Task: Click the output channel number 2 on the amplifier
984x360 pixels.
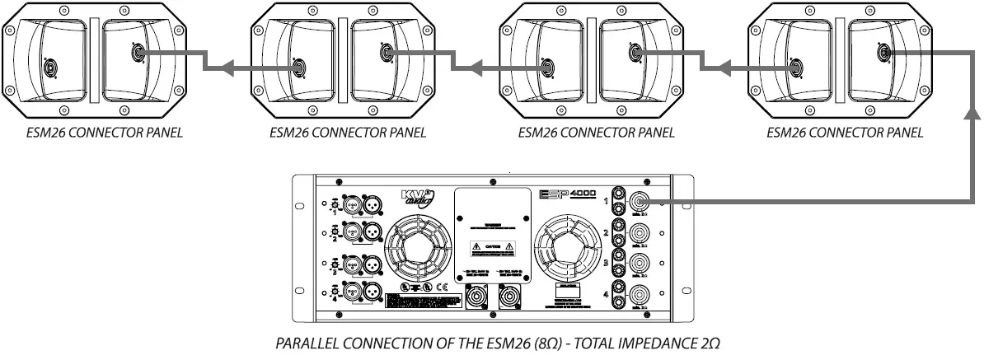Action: (x=606, y=234)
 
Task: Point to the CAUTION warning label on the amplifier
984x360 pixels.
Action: (x=491, y=246)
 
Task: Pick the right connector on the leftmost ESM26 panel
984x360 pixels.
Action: (x=137, y=54)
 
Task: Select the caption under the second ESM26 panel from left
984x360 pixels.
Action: (x=348, y=132)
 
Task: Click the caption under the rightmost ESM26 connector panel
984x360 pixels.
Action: (x=845, y=132)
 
